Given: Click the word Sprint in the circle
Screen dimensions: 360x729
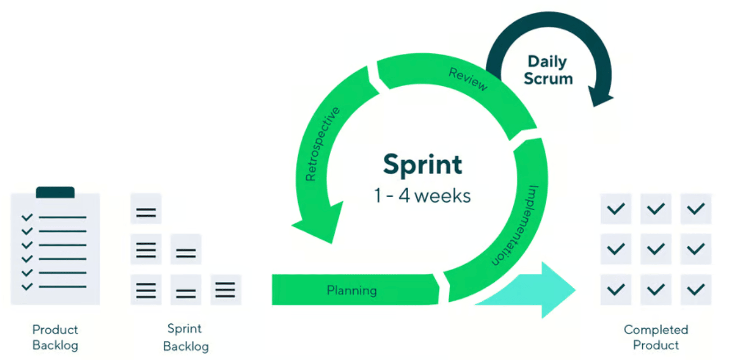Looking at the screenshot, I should [422, 165].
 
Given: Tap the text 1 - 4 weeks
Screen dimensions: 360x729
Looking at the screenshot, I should [423, 195].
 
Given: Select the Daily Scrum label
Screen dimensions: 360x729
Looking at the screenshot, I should [548, 70].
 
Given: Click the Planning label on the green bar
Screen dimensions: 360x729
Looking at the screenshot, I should [352, 290].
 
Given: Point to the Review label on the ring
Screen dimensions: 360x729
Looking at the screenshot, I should [468, 79].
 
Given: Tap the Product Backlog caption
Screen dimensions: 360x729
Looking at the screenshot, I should [55, 337].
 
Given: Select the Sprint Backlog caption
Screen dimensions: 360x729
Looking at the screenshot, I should [185, 337].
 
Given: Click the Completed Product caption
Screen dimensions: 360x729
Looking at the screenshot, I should [656, 337].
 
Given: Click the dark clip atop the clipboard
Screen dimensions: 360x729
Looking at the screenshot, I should [55, 192].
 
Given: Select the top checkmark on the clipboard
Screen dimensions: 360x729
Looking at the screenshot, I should [27, 217].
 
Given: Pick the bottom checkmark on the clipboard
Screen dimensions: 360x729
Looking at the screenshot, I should [27, 286].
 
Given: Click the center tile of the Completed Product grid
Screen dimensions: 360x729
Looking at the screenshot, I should [656, 249].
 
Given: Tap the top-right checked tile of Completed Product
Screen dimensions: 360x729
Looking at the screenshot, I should [696, 209].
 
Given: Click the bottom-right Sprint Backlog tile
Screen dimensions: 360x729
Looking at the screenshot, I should [225, 290].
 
